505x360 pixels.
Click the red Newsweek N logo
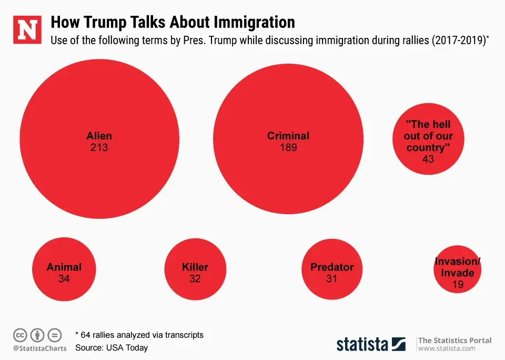pos(27,30)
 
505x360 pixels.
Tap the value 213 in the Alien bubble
pos(99,147)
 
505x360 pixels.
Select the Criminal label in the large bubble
pos(288,136)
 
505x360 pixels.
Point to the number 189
pos(288,147)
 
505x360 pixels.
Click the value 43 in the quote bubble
pos(428,158)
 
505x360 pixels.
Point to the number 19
pos(458,285)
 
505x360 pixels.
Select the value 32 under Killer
pos(195,279)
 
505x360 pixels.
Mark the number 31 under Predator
pos(331,279)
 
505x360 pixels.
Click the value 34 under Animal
pos(64,279)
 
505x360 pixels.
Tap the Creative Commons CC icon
pos(20,335)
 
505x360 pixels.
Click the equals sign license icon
pos(55,335)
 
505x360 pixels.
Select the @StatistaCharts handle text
pos(40,348)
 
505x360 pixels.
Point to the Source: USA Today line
pos(112,347)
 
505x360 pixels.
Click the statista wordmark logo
pos(362,344)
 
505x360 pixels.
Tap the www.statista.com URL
pos(447,348)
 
